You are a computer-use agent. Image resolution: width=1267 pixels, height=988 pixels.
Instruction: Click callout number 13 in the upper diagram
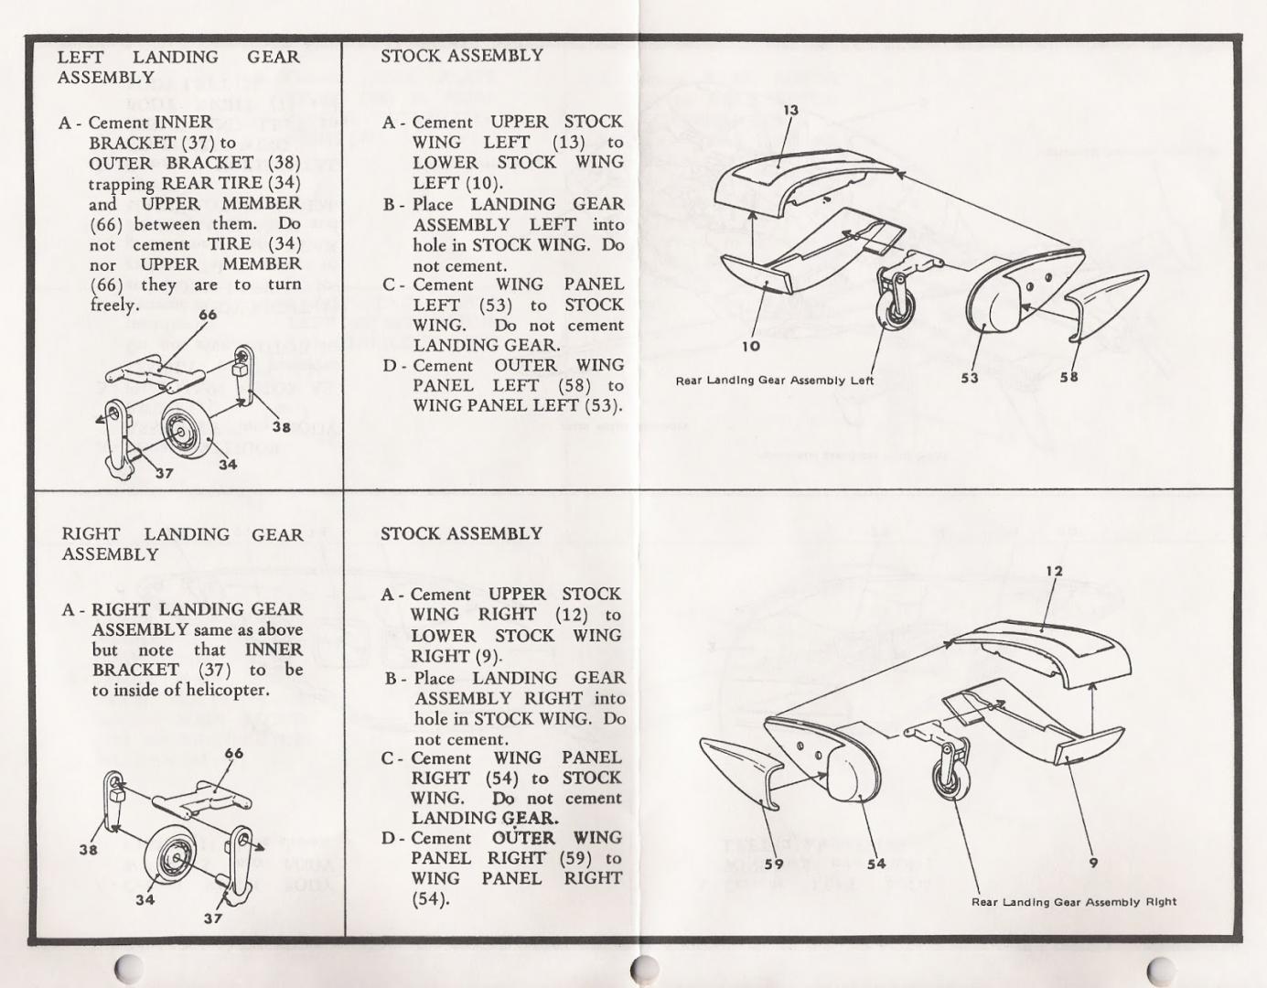(790, 111)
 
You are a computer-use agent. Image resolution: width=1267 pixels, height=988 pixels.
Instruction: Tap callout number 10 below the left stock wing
(751, 346)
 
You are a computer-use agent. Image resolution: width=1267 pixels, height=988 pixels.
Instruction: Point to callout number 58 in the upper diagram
(1068, 377)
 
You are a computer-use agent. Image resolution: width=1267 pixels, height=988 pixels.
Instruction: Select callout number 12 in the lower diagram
(1055, 572)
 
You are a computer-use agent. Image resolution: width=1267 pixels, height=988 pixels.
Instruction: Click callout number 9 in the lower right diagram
(1093, 862)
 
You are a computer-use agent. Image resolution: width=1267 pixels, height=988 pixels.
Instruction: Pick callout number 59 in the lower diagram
(773, 864)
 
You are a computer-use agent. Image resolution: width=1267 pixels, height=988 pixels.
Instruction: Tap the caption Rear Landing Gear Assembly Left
(775, 381)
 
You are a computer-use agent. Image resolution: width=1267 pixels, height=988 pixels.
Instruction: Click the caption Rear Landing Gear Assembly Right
(1074, 902)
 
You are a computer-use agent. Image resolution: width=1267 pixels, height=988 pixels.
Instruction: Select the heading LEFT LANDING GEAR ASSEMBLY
(178, 67)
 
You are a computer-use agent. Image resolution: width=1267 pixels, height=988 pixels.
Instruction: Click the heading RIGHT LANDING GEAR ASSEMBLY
(182, 544)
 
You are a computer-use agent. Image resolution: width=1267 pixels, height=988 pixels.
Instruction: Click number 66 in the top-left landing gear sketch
(208, 316)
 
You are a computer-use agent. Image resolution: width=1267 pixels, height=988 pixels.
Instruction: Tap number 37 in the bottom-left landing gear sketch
(212, 918)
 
